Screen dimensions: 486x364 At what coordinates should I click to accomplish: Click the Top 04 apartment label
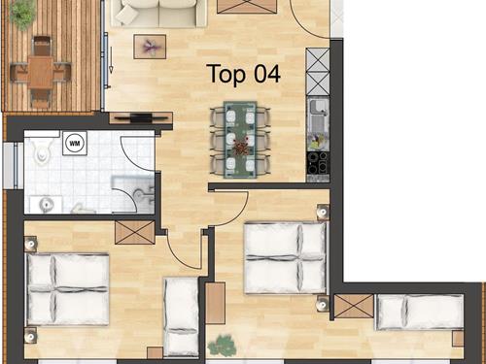(x=244, y=74)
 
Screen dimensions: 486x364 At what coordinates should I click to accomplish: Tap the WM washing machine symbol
(x=75, y=143)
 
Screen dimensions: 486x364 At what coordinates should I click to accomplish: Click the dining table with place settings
(x=240, y=140)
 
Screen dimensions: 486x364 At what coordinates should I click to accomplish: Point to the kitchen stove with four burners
(x=318, y=163)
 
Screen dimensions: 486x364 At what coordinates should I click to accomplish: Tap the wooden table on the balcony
(x=41, y=71)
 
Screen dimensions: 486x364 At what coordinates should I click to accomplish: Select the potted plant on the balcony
(x=22, y=13)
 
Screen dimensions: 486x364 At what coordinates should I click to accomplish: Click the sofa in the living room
(x=158, y=13)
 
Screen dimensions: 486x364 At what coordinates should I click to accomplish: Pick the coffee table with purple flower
(x=150, y=47)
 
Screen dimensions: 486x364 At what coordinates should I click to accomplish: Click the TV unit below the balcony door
(x=141, y=117)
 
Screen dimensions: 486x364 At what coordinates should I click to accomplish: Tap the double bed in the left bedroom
(x=68, y=289)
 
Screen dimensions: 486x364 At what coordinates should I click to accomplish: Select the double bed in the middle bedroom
(x=286, y=257)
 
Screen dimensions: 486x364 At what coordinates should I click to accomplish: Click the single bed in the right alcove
(x=420, y=312)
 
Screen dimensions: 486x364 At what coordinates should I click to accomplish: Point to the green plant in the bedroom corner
(x=223, y=346)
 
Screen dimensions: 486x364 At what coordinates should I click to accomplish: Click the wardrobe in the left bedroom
(x=135, y=232)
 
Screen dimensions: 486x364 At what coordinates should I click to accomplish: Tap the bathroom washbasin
(x=47, y=204)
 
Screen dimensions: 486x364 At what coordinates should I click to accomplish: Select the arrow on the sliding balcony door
(x=111, y=60)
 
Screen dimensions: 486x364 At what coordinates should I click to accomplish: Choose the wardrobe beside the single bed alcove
(x=354, y=306)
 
